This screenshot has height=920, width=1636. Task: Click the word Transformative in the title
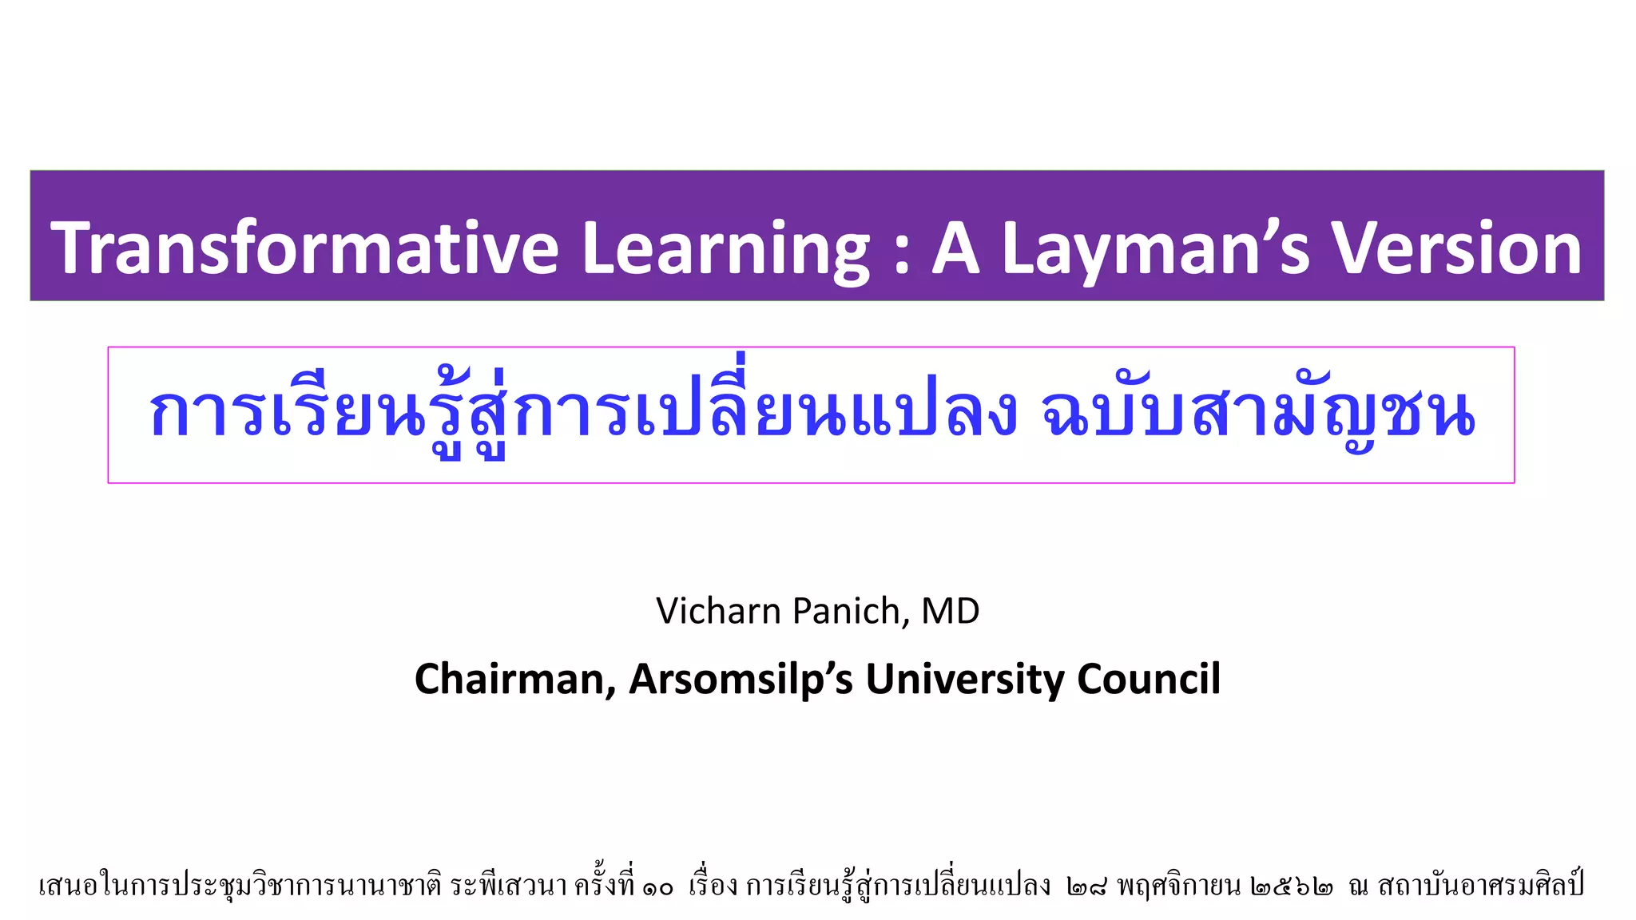pos(304,248)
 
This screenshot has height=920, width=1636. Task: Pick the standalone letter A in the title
pos(956,248)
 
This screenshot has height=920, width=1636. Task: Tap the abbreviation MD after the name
pos(951,611)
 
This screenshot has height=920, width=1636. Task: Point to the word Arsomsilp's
pos(741,680)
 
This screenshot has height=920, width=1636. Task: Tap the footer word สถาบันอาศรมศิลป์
pos(1480,886)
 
